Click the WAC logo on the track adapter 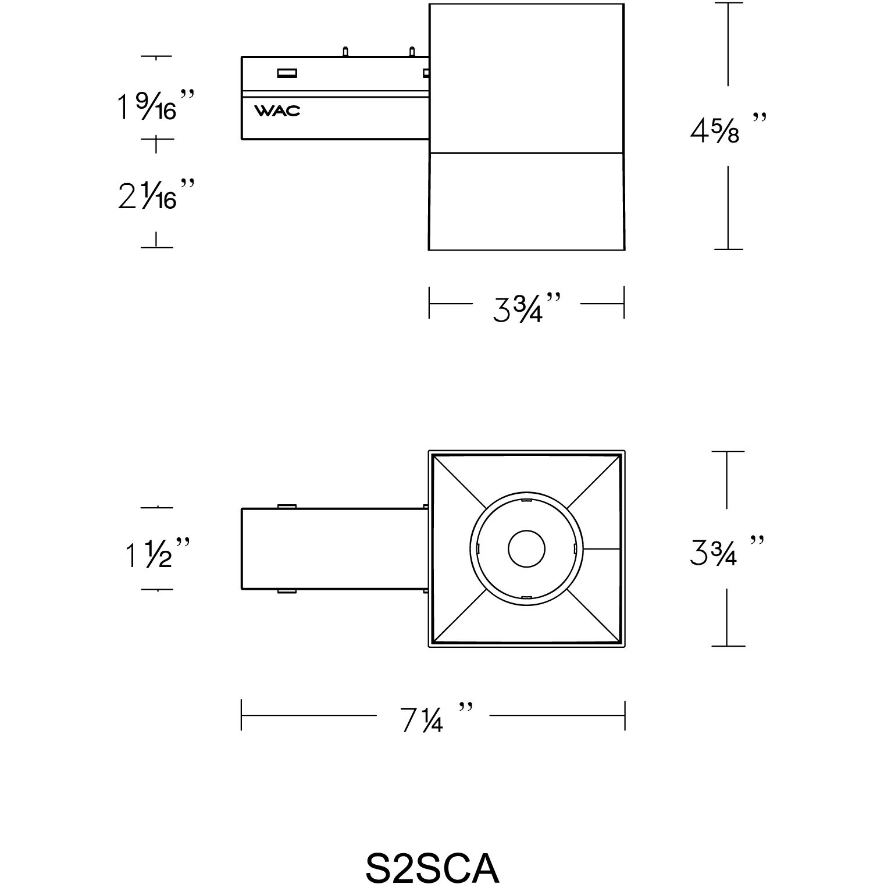point(277,110)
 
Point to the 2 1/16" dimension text point(154,194)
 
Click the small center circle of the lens point(526,548)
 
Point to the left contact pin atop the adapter point(345,51)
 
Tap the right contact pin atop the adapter point(412,51)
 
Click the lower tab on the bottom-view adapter point(286,591)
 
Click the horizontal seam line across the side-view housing point(526,154)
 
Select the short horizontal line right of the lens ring point(601,548)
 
